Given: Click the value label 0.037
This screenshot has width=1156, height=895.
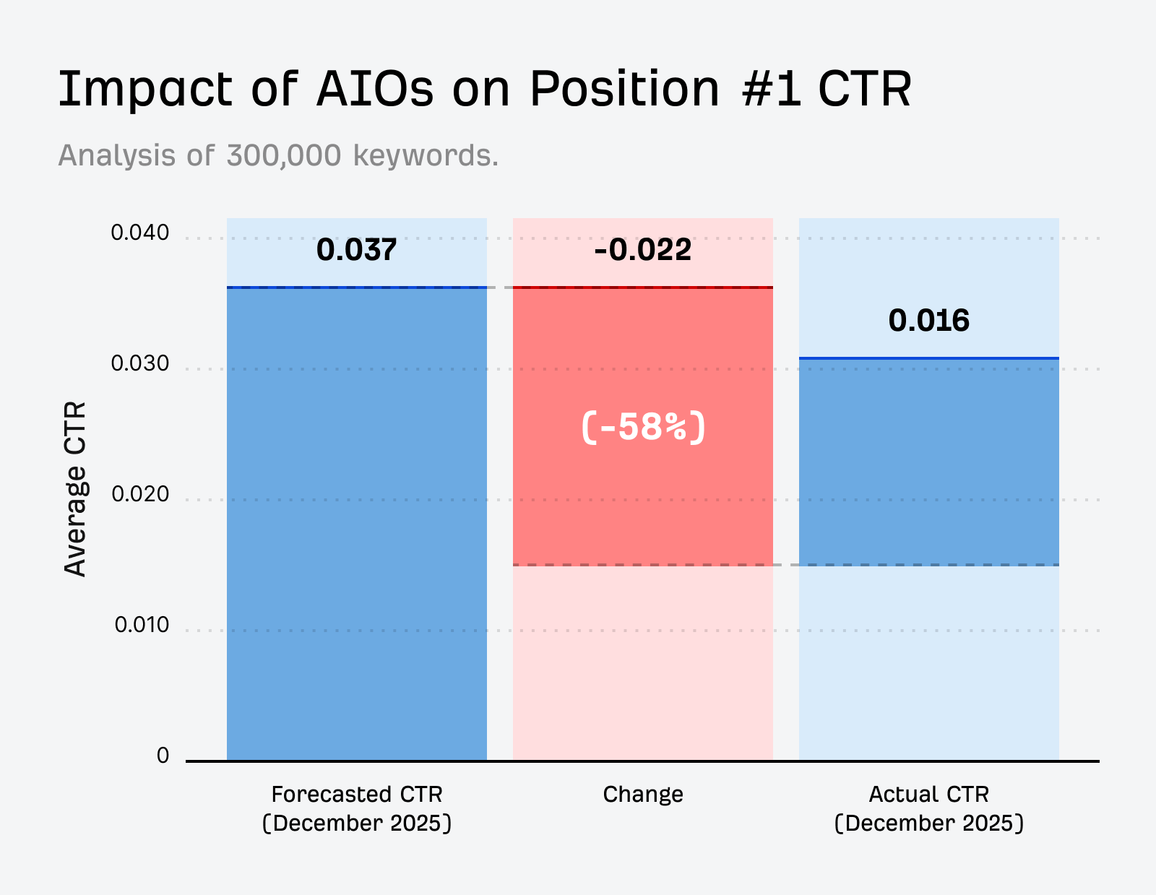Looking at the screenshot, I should [356, 250].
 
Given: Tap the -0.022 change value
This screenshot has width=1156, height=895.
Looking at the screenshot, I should [642, 250].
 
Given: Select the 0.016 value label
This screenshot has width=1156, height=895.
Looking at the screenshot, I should [928, 321].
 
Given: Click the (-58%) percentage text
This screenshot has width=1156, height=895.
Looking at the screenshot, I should [642, 427].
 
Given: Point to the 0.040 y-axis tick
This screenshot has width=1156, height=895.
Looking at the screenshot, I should [139, 233].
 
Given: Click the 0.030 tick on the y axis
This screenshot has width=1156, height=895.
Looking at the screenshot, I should [139, 363].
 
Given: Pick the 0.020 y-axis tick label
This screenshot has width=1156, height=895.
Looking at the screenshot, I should [139, 494].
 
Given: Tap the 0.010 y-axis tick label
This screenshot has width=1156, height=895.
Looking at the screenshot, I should [141, 625].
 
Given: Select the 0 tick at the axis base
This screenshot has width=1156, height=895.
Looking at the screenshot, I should [163, 756].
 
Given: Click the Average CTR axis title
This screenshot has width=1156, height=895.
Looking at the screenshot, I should [75, 489].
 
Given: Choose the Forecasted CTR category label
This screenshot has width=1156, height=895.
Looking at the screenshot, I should [356, 795].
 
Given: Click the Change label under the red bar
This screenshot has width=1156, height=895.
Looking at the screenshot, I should [642, 795].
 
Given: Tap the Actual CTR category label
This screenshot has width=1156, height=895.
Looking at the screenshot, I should [928, 795].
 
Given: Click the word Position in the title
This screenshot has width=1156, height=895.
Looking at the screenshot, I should [625, 90].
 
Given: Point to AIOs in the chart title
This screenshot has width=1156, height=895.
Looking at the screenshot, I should [375, 90].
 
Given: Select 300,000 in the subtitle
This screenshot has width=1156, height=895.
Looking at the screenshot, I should [283, 155].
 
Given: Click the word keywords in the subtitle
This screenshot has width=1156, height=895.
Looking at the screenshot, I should [425, 155].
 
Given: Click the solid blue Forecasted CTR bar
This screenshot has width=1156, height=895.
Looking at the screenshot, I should [356, 524].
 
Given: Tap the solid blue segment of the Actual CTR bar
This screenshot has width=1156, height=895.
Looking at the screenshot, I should [928, 462].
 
